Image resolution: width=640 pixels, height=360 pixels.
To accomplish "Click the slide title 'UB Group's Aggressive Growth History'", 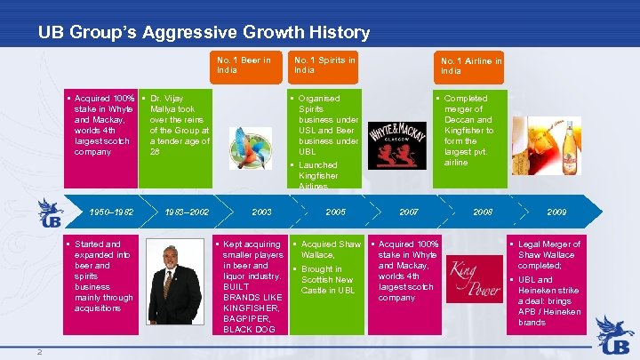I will click(204, 33).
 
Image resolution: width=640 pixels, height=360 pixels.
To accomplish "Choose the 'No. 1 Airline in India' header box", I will click(471, 65).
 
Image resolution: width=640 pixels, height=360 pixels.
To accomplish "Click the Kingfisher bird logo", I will click(250, 148).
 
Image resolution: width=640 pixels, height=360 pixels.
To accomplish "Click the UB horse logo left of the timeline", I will click(50, 213).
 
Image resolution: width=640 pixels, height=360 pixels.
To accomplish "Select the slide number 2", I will click(40, 351).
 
